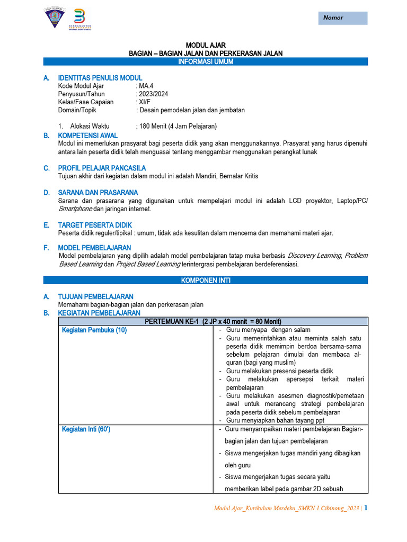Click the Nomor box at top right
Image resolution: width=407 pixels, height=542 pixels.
(342, 18)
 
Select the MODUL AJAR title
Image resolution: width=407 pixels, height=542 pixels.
(206, 46)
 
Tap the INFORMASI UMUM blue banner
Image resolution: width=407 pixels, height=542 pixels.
(206, 61)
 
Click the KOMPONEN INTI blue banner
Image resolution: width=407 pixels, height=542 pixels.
(206, 280)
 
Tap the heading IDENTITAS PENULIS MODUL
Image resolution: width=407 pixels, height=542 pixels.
(100, 78)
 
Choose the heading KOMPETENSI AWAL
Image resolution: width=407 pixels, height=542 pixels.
(87, 135)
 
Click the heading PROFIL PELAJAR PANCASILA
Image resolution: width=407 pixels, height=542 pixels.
(102, 168)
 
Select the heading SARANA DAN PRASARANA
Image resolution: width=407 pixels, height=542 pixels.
(98, 192)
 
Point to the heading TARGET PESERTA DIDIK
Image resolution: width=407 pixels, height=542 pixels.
(95, 225)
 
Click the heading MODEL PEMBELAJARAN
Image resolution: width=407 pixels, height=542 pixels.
(94, 248)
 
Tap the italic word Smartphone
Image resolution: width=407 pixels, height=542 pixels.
(75, 209)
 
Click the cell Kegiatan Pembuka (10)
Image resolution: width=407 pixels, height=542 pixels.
(94, 330)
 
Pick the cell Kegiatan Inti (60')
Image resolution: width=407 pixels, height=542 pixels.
(86, 429)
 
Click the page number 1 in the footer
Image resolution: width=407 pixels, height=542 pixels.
(366, 508)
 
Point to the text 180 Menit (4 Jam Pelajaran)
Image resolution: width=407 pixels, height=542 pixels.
(178, 126)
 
